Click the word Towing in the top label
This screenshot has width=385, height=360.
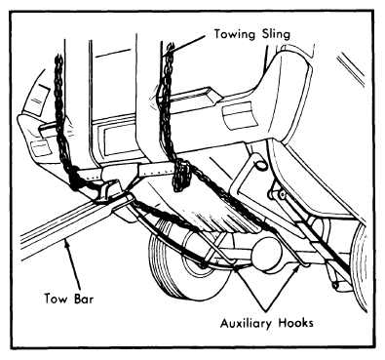coord(234,34)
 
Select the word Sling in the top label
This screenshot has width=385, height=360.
coord(276,34)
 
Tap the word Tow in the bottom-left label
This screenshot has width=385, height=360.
coord(56,298)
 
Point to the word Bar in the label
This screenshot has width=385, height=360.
coord(84,298)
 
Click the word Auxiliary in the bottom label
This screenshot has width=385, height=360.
coord(247,323)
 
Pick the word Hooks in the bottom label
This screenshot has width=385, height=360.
coord(296,323)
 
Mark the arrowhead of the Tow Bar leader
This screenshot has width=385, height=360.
coord(67,242)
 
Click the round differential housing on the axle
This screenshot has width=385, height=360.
coord(267,254)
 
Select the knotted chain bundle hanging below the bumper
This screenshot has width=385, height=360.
coord(182,176)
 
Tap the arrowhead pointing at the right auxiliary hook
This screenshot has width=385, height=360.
coord(297,266)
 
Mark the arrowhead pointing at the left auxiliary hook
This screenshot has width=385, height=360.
coord(237,268)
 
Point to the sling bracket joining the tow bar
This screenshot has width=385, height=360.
coord(110,192)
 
